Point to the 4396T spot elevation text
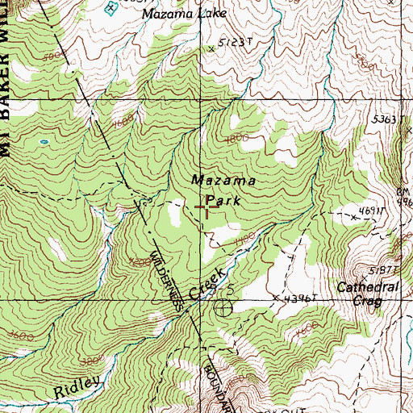(298, 298)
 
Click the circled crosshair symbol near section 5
(222, 307)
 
